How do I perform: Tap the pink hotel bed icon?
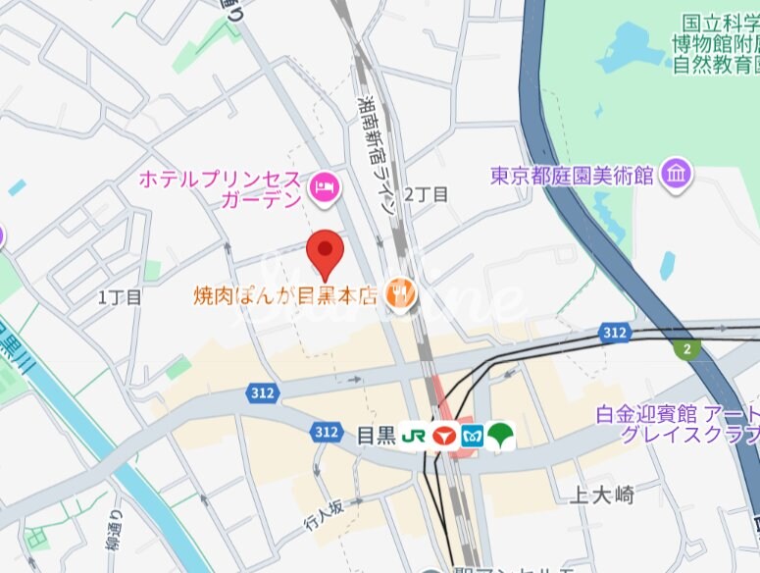tap(324, 185)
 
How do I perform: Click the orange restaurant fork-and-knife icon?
tap(400, 291)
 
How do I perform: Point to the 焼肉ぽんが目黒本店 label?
tap(285, 293)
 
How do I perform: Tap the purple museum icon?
tap(677, 175)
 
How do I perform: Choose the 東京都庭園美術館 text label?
tap(573, 177)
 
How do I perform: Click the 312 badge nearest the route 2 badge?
tap(615, 334)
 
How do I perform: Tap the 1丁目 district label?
tap(121, 295)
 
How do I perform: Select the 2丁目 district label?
tap(427, 194)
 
